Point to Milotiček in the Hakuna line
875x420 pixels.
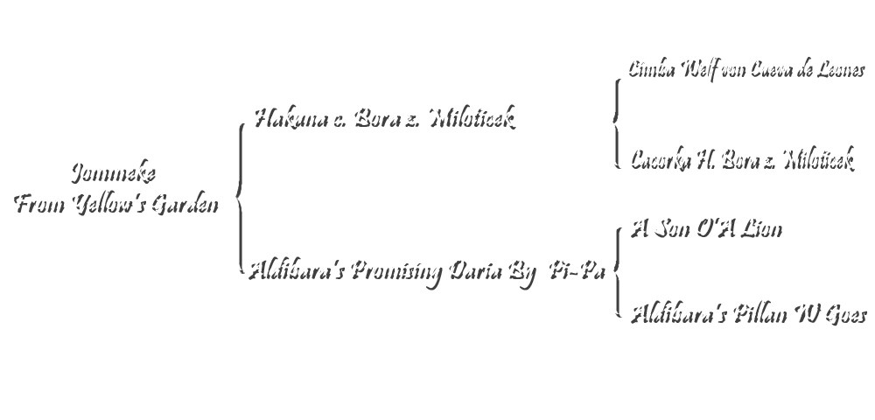pyautogui.click(x=472, y=116)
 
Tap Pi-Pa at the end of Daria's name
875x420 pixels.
pyautogui.click(x=574, y=269)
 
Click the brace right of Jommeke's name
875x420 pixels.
pyautogui.click(x=236, y=197)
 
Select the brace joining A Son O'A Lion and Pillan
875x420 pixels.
pyautogui.click(x=614, y=268)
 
